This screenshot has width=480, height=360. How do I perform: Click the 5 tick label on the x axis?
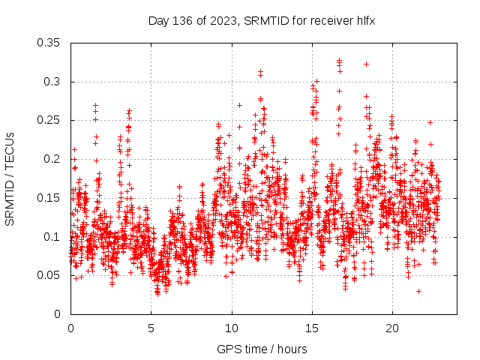click(x=151, y=328)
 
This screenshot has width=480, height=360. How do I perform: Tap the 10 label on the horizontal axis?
click(x=232, y=328)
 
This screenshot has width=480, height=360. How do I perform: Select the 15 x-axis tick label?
click(x=312, y=328)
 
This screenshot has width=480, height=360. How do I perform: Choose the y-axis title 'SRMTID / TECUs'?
click(x=10, y=178)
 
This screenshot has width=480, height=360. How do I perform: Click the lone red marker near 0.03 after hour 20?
click(x=418, y=291)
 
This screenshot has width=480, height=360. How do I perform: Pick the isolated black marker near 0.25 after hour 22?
click(x=430, y=122)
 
